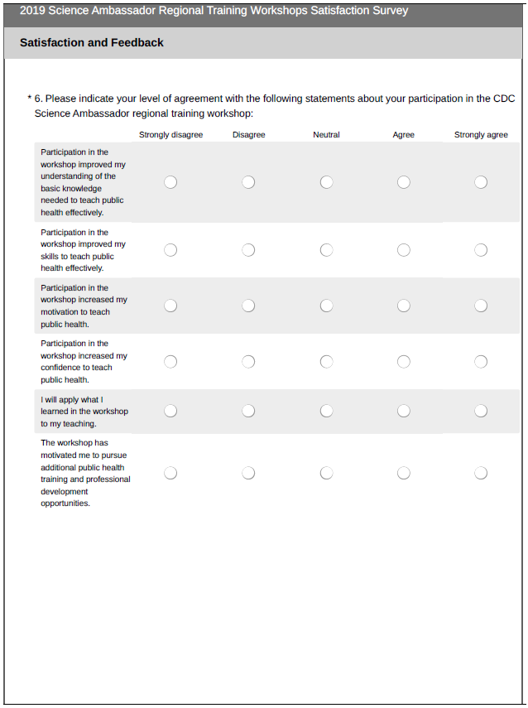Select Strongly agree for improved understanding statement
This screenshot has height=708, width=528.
coord(481,182)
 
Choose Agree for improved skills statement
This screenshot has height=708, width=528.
coord(404,250)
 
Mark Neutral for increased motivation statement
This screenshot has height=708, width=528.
coord(326,306)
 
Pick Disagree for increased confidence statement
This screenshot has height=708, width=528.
coord(248,361)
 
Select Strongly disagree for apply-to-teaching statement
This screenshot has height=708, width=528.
coord(170,411)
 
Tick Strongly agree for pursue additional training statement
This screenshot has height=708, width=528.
coord(481,473)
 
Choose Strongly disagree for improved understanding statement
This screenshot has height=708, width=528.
coord(170,182)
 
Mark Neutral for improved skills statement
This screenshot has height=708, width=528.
coord(326,250)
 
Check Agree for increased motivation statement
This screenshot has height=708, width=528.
coord(404,306)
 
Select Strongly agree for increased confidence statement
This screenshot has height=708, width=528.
coord(481,361)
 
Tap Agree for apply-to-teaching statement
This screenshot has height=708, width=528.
coord(404,411)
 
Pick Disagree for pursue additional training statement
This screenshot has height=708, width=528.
coord(248,473)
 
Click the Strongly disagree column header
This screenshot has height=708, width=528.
coord(170,135)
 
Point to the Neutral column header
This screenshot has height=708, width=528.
coord(326,135)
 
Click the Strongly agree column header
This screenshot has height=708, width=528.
coord(481,135)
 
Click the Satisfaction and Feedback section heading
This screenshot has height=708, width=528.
coord(92,42)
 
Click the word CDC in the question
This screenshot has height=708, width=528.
coord(503,99)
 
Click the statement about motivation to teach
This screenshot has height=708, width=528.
coord(84,306)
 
